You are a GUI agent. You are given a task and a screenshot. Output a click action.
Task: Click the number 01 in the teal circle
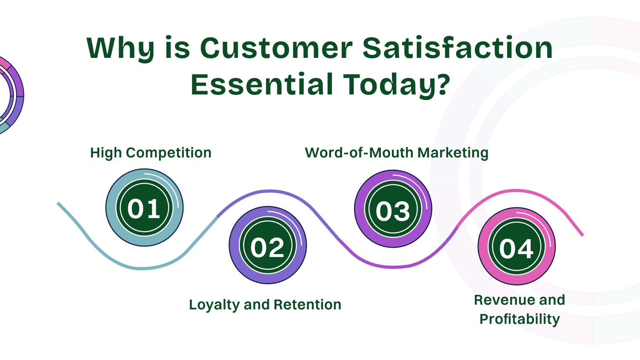(144, 209)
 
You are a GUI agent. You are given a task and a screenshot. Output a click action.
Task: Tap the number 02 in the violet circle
(267, 247)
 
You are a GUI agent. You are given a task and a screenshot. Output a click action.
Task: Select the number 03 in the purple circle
(393, 211)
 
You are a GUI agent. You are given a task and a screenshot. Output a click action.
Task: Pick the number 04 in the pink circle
(516, 249)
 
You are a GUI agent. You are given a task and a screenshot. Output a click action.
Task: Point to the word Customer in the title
(276, 48)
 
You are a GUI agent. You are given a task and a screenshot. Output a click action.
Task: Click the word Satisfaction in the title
(457, 48)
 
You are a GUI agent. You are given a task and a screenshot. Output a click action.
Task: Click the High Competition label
(151, 153)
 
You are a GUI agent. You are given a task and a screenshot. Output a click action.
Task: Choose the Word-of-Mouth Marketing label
(397, 153)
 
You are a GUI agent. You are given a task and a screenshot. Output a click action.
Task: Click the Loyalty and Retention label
(265, 305)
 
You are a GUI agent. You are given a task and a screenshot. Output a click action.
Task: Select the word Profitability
(520, 319)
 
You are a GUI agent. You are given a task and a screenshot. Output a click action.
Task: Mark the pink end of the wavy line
(582, 234)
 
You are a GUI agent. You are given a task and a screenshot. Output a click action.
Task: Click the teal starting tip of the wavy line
(59, 204)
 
